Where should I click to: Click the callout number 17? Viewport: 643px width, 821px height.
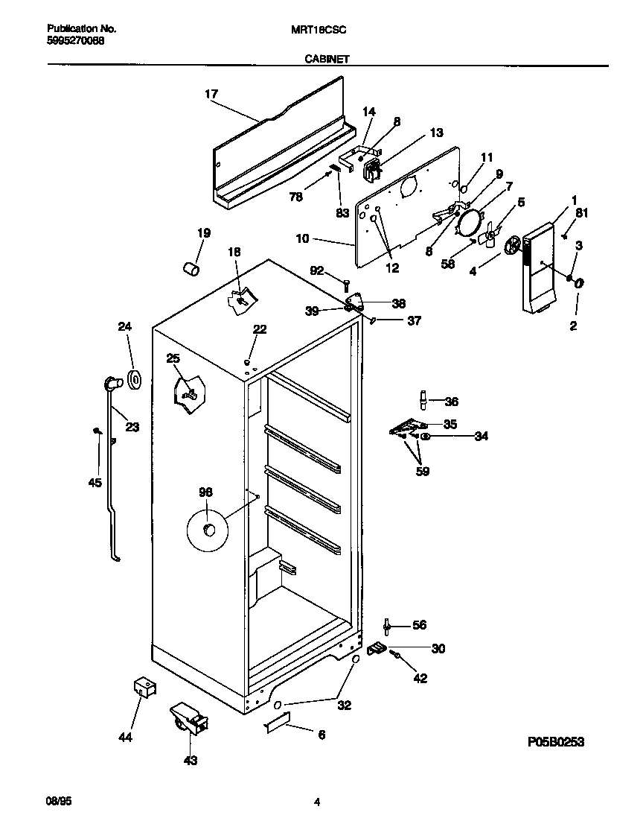[211, 94]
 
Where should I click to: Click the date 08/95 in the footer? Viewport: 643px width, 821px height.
[59, 802]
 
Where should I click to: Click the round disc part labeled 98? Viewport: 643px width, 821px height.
[207, 530]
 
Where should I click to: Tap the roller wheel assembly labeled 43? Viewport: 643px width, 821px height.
[187, 720]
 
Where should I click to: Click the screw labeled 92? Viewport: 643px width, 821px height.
[347, 283]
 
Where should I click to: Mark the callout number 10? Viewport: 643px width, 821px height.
[301, 240]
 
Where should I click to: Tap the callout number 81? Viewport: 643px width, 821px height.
[581, 212]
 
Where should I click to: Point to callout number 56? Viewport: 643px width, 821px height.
[420, 625]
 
